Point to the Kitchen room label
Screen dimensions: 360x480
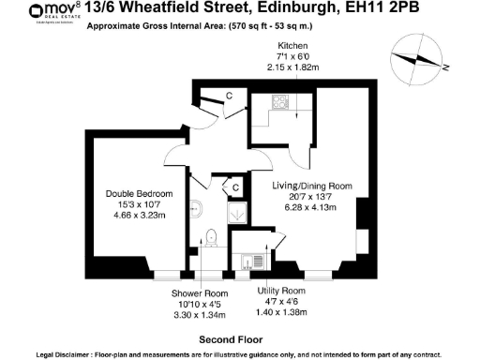pyautogui.click(x=293, y=46)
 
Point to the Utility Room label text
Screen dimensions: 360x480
pyautogui.click(x=282, y=292)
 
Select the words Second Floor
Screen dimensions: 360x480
pyautogui.click(x=229, y=338)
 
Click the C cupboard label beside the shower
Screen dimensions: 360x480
pyautogui.click(x=236, y=187)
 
